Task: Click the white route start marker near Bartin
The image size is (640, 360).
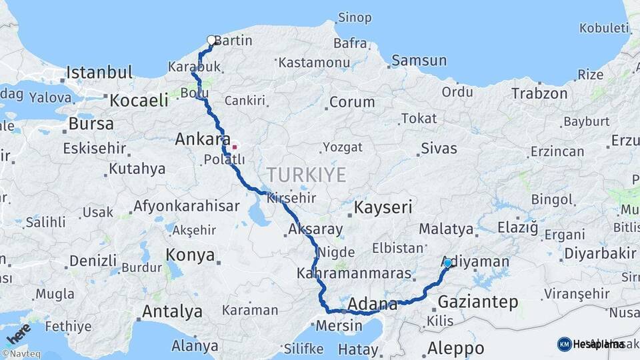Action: [212, 40]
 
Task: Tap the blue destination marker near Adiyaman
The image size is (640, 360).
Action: [447, 263]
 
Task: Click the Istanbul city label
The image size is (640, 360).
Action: [99, 72]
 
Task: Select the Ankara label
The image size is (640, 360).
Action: [198, 140]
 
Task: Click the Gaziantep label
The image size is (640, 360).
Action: [477, 302]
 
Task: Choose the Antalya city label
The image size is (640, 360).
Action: [172, 311]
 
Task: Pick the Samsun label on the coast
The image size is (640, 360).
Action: [419, 61]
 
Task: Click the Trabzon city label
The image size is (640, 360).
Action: [539, 93]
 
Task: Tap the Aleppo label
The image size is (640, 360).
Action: [455, 347]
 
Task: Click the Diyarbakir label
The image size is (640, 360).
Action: [600, 253]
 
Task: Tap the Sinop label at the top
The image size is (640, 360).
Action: [355, 17]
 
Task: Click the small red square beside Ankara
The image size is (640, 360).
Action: [234, 147]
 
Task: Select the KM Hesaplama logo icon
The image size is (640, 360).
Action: [564, 344]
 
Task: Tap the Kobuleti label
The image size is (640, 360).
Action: [604, 28]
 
